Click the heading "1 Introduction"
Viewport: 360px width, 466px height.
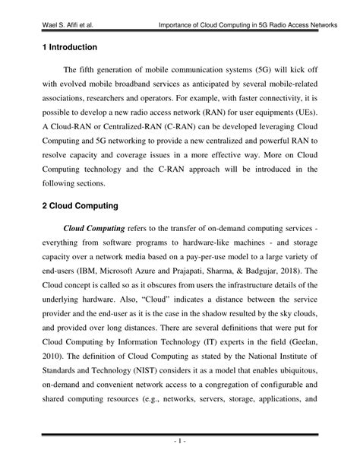click(x=72, y=47)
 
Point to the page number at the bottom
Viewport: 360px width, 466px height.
click(x=179, y=440)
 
